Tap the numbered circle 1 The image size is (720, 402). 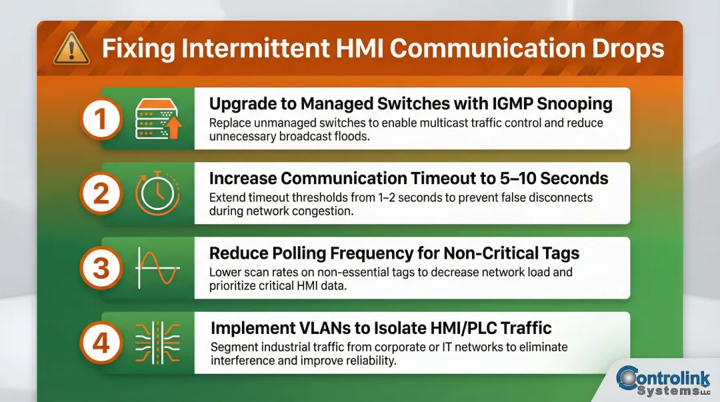(101, 120)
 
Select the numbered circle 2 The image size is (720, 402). (101, 195)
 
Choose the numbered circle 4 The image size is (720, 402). (101, 343)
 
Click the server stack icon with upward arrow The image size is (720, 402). (158, 119)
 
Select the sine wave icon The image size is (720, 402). (157, 267)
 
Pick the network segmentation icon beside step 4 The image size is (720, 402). (158, 342)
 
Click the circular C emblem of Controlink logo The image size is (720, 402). (629, 378)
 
